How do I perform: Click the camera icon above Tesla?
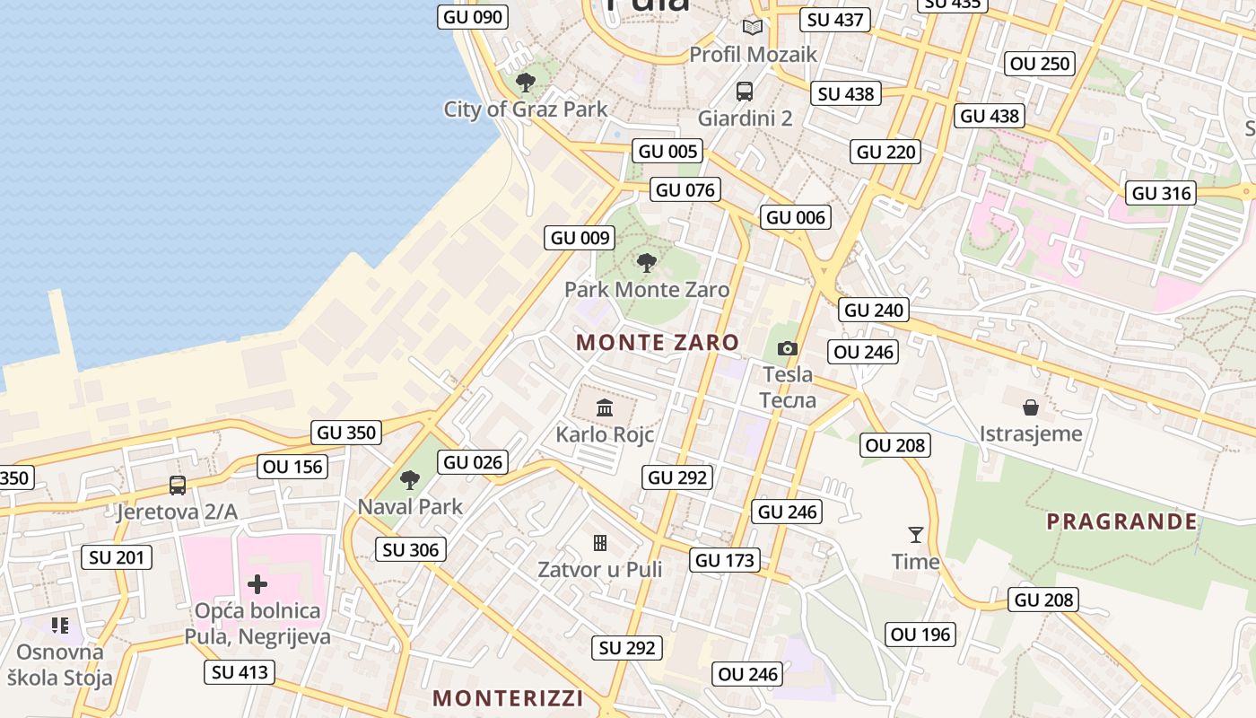point(787,348)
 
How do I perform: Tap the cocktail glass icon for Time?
point(915,535)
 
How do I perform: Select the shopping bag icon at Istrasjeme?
point(1031,407)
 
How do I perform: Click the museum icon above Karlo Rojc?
point(605,407)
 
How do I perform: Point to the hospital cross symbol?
point(257,584)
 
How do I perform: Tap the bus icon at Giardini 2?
point(745,91)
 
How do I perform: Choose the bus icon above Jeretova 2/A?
point(178,486)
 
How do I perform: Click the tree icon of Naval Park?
point(410,480)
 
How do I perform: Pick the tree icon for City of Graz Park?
point(526,83)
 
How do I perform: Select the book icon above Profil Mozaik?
point(752,28)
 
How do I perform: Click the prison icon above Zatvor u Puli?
point(600,542)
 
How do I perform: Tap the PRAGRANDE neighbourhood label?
point(1121,521)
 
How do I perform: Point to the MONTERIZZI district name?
point(508,697)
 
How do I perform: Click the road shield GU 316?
point(1161,193)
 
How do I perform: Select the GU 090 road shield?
point(473,16)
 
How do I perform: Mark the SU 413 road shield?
point(240,672)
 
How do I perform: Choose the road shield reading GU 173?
point(726,561)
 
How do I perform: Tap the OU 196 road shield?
point(920,635)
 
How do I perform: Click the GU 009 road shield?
point(580,238)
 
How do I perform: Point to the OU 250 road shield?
point(1040,63)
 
